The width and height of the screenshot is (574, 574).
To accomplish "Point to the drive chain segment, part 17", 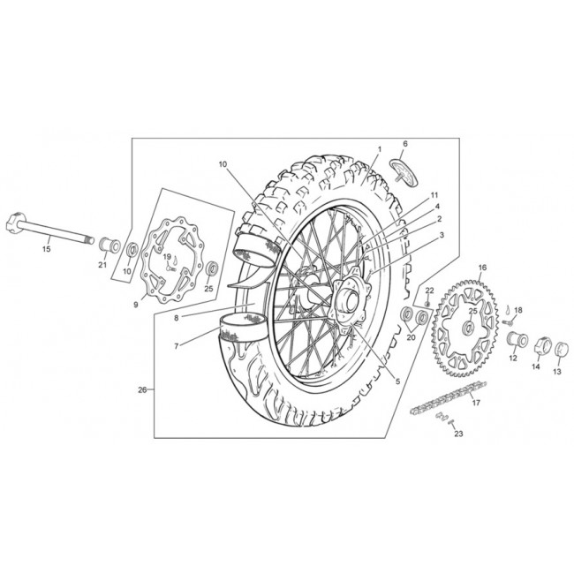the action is tap(449, 398).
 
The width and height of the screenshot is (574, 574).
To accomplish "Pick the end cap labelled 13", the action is tap(561, 349).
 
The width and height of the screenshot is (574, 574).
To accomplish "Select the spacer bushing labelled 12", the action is tap(517, 339).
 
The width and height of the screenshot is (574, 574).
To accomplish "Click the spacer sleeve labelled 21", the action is tap(110, 245).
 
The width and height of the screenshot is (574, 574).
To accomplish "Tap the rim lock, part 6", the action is tap(404, 174).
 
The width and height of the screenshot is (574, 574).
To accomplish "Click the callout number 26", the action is tap(142, 390).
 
